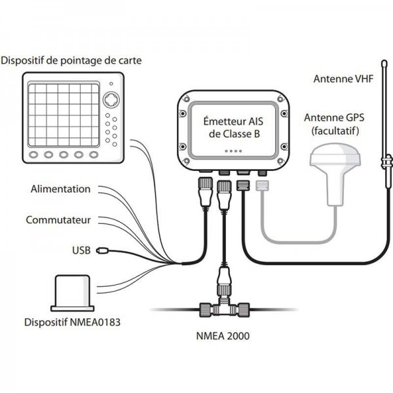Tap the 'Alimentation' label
(60, 189)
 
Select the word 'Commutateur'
(58, 219)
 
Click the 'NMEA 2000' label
(221, 337)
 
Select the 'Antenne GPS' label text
(335, 118)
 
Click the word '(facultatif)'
(335, 131)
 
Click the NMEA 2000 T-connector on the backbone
(222, 306)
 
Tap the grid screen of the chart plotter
(63, 115)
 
